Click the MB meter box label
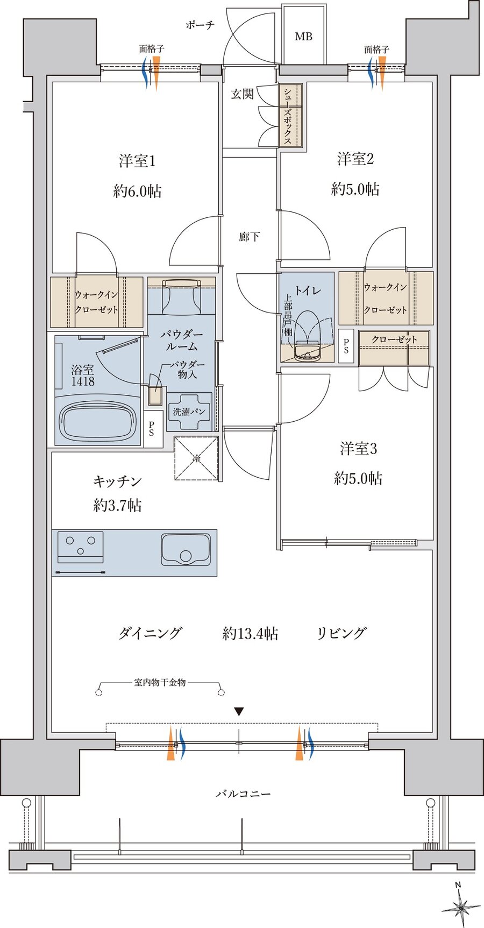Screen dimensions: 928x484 [x=303, y=37]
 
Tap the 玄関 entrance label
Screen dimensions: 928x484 [x=242, y=94]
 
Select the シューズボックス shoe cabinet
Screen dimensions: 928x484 [x=290, y=115]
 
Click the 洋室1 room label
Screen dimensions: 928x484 [x=137, y=161]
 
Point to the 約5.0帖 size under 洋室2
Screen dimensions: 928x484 [x=355, y=189]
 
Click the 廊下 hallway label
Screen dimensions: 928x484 [x=250, y=237]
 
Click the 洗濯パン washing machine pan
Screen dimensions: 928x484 [x=189, y=412]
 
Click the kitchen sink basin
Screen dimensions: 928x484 [x=186, y=550]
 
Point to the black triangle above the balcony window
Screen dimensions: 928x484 [x=239, y=712]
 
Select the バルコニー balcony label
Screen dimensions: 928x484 [x=243, y=794]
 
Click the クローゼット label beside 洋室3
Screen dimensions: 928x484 [x=394, y=339]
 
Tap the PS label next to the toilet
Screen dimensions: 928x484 [x=346, y=346]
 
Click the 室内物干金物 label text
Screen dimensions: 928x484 [x=160, y=683]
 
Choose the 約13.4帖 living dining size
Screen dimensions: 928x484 [x=250, y=634]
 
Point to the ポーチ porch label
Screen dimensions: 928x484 [x=200, y=25]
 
